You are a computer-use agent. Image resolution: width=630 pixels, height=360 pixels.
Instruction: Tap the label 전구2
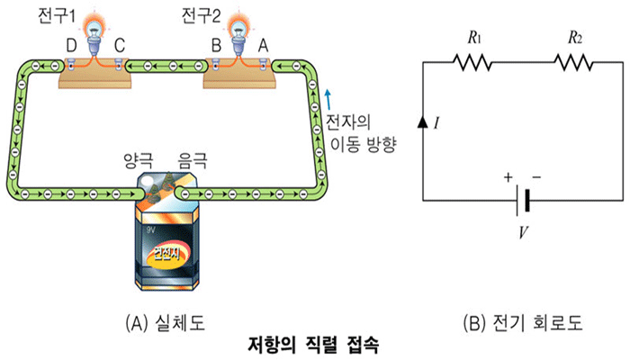201,16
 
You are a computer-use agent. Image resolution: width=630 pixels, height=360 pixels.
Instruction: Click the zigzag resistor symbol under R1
472,63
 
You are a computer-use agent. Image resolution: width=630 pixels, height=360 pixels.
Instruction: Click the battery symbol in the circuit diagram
521,201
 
